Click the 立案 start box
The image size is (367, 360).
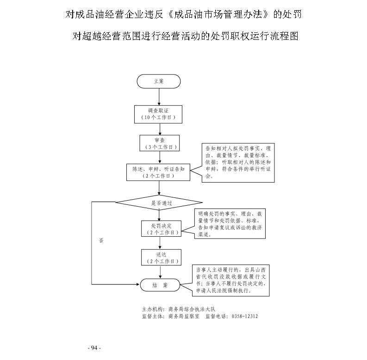[159, 81]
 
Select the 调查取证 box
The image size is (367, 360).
[159, 114]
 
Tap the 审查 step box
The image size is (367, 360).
[159, 143]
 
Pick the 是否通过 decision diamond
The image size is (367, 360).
[159, 202]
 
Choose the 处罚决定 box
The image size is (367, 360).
[159, 228]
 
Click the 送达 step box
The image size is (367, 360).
[159, 258]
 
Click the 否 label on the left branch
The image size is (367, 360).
[101, 241]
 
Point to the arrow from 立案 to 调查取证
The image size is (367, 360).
[159, 96]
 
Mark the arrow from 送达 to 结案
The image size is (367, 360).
[159, 272]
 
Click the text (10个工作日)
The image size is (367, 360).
[159, 118]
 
